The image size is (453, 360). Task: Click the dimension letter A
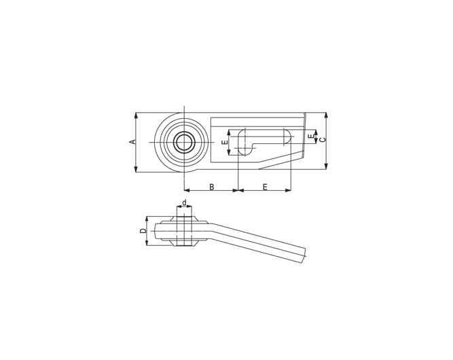point(132,142)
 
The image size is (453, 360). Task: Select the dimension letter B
point(211,187)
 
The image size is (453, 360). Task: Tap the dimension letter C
point(323,140)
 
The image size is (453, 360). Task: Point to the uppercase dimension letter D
point(143,231)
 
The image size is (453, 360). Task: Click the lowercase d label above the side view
point(184,202)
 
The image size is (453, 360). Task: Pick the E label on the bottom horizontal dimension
point(266,187)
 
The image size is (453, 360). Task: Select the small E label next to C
point(311,136)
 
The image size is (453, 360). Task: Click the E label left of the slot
point(225,142)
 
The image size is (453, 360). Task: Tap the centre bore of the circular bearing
point(184,142)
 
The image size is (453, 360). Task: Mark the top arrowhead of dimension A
point(136,115)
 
